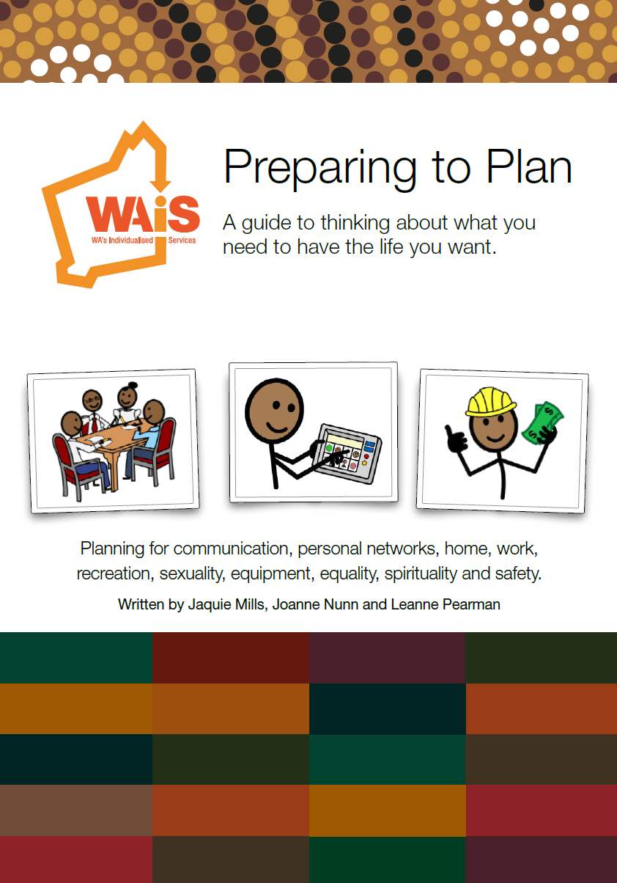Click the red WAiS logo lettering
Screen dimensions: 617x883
(144, 214)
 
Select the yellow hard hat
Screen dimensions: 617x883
(491, 402)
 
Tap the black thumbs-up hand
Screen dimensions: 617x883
(455, 438)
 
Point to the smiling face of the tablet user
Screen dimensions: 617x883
(275, 411)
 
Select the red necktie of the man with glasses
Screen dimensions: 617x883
(95, 424)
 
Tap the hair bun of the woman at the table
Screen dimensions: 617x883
(133, 385)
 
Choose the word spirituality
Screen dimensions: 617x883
(421, 574)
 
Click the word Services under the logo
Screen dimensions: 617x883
(182, 240)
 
